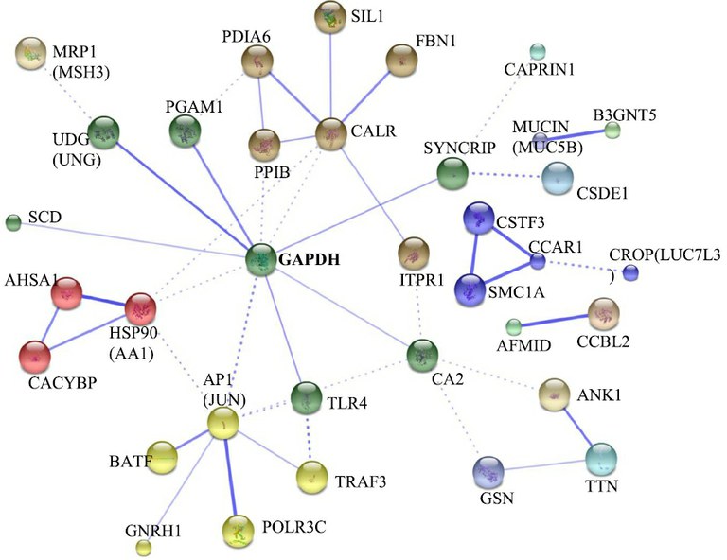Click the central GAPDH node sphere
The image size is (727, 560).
(x=261, y=260)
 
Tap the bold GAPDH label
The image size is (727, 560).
(x=310, y=259)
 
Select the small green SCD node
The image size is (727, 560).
(x=13, y=223)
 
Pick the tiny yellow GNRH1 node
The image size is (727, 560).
(x=144, y=549)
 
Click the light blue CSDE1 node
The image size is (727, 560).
(x=558, y=179)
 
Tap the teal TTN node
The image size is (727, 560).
(x=601, y=459)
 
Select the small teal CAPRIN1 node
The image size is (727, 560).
(x=538, y=52)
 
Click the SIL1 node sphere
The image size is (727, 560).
(x=329, y=18)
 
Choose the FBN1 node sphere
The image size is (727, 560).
(x=402, y=61)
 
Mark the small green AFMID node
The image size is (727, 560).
(x=514, y=327)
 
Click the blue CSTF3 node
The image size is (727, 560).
(x=479, y=219)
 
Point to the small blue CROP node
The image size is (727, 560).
(x=630, y=272)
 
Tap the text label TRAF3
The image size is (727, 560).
(x=361, y=482)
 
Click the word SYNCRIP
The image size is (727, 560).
(x=459, y=149)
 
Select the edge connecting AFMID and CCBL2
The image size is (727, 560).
(x=555, y=321)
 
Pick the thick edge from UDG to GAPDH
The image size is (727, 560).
(x=183, y=196)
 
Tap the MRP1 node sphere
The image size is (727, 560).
(x=31, y=54)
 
